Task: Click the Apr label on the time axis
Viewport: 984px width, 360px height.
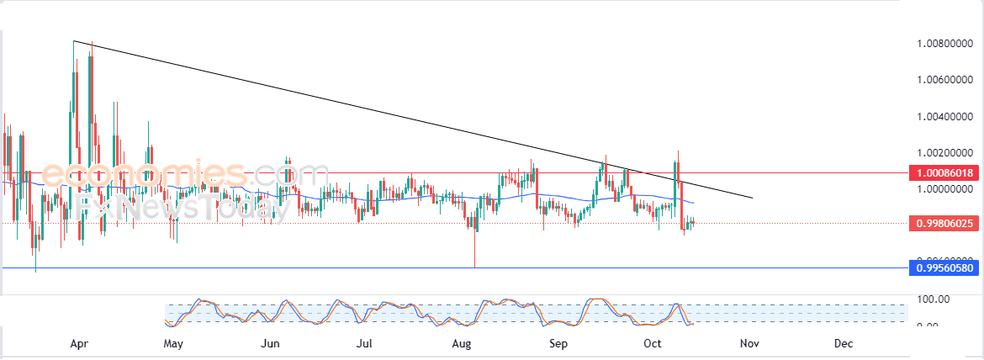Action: click(80, 343)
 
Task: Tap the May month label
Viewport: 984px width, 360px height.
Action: click(173, 343)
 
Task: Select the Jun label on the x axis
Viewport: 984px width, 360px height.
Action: click(270, 343)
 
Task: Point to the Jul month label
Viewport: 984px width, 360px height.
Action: click(364, 343)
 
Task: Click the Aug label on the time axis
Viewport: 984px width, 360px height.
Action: click(461, 343)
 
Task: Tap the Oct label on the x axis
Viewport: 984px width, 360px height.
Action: click(653, 343)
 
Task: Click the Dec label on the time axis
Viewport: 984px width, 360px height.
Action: click(844, 343)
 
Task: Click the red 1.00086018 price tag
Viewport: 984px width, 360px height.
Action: click(946, 172)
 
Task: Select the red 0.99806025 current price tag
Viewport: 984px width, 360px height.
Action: click(946, 223)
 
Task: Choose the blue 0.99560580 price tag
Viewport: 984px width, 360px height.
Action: click(946, 268)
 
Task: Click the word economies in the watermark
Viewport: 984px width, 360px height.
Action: click(144, 174)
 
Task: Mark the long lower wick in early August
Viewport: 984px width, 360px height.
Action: click(475, 251)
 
